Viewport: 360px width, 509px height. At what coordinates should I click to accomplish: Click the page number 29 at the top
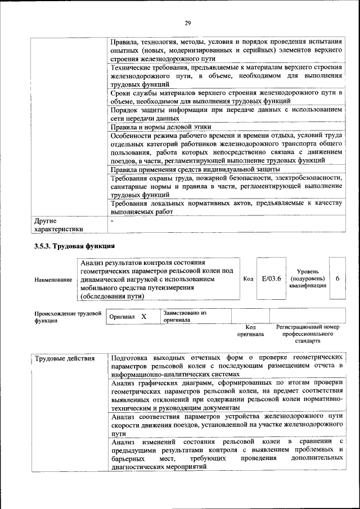tap(187, 22)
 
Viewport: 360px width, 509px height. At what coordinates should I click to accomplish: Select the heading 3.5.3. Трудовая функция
tap(74, 245)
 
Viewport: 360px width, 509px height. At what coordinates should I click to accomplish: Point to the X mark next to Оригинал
tap(143, 317)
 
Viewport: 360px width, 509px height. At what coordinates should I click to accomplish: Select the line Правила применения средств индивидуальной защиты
tap(195, 169)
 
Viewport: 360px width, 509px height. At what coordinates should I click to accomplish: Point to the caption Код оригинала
tap(250, 330)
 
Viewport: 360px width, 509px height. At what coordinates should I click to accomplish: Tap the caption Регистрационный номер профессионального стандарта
tap(307, 334)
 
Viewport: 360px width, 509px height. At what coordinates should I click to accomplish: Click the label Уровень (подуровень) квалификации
tap(307, 278)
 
